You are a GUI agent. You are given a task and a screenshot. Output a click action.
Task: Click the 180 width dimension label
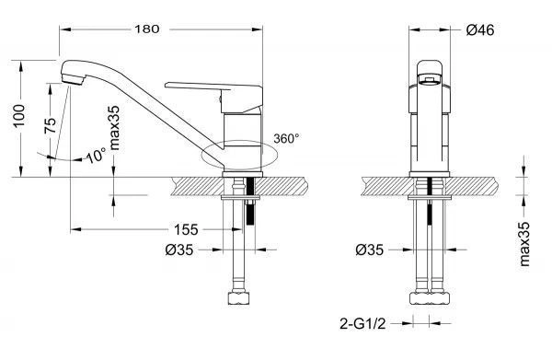point(147,29)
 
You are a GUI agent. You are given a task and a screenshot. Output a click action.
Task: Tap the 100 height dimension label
point(18,116)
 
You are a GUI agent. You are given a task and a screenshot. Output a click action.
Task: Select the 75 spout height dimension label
point(51,125)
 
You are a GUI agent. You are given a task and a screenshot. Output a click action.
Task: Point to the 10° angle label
point(96,155)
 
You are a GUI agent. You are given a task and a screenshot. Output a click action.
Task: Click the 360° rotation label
point(286,138)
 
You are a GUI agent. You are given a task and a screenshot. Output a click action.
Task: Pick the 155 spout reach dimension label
point(186,229)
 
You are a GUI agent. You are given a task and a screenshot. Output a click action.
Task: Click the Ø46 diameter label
point(480,30)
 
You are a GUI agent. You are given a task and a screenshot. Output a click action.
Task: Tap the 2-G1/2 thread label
point(362,323)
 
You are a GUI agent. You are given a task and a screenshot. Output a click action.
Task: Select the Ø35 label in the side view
point(179,250)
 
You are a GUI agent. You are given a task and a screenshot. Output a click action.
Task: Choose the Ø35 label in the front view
point(370,250)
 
